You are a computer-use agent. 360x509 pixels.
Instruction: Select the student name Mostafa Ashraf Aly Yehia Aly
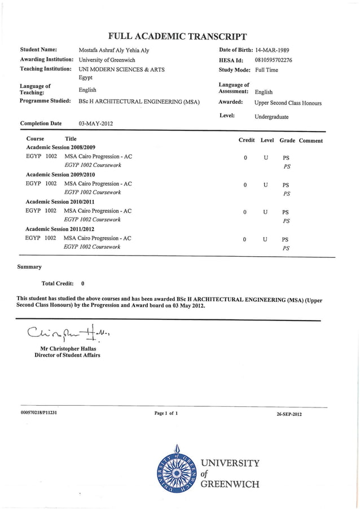[x=114, y=50]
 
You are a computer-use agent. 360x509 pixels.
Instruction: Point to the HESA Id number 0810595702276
[x=274, y=60]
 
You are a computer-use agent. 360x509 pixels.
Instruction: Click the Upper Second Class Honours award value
[x=288, y=103]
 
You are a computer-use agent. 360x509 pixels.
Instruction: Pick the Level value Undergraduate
[x=271, y=117]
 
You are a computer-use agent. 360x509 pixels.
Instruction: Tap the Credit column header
[x=247, y=140]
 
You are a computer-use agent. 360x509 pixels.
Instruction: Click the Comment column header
[x=311, y=141]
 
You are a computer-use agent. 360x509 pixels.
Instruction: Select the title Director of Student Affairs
[x=67, y=356]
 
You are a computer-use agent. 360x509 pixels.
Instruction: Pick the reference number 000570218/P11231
[x=39, y=413]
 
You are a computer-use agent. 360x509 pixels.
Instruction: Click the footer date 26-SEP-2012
[x=289, y=414]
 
